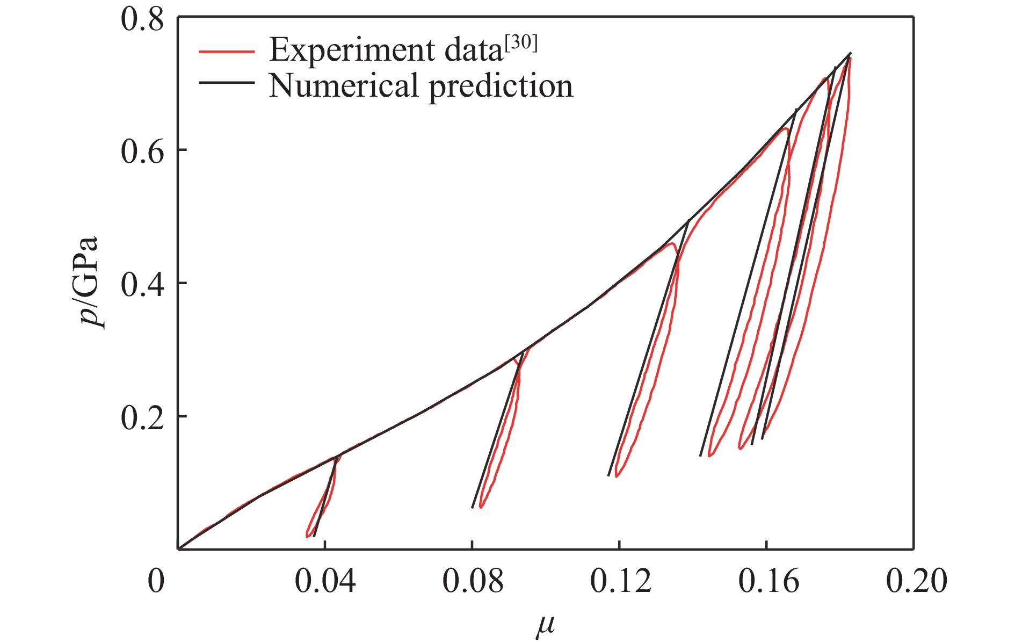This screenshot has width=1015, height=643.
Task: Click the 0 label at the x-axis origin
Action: (x=156, y=581)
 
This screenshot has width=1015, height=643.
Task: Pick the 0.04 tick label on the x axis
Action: (x=325, y=581)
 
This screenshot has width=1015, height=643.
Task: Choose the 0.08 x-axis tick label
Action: (x=473, y=581)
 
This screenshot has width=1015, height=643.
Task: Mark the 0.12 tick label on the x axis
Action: (x=620, y=581)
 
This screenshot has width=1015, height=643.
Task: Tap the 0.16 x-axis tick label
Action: (x=768, y=581)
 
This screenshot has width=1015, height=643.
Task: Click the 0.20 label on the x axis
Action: (x=916, y=581)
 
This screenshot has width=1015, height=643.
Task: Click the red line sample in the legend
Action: (x=226, y=52)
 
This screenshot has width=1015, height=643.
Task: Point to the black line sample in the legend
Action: (x=226, y=83)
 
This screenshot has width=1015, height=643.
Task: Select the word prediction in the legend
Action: (x=501, y=87)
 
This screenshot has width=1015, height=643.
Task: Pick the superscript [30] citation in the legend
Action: (x=520, y=43)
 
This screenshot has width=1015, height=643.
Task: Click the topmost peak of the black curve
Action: (x=850, y=53)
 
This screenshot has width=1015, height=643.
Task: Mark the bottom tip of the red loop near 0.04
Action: (x=307, y=536)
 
